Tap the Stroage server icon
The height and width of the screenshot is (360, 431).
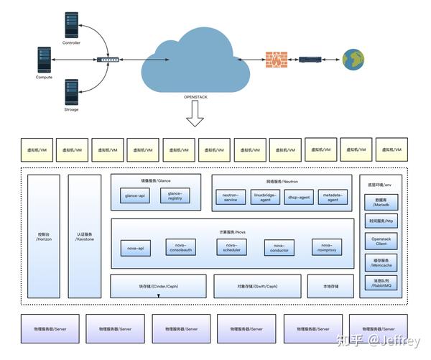[71, 92]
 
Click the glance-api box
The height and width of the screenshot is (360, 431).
[136, 195]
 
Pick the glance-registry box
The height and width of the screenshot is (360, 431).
[175, 195]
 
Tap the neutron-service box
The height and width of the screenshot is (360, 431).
[231, 197]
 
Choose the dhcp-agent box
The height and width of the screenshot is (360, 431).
[299, 197]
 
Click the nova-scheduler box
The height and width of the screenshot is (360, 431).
[231, 247]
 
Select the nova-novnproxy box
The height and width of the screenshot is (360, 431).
[327, 247]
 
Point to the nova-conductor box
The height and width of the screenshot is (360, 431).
[279, 248]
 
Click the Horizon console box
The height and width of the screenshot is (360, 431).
[44, 236]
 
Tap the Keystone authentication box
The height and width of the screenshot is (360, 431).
[85, 236]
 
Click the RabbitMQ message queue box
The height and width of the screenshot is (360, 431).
[381, 284]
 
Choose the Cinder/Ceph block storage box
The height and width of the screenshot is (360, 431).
[158, 285]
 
